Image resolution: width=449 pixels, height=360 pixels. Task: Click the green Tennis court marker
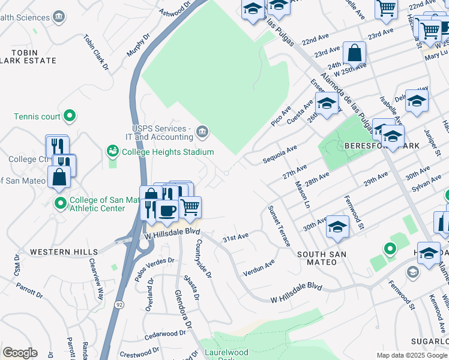coord(70,116)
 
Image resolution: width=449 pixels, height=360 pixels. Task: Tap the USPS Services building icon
coord(202,131)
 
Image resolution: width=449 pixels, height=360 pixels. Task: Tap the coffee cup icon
coord(166,210)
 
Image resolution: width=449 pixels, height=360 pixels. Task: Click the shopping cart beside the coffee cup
coord(190,208)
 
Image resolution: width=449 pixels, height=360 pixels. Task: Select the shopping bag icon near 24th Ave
coord(355,53)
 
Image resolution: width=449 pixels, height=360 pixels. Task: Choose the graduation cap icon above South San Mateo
coord(338,227)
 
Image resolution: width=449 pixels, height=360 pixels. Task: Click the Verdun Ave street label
coord(259,268)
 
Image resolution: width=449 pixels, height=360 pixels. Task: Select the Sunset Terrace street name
coord(280,225)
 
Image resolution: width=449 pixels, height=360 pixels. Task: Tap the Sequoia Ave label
coord(280,154)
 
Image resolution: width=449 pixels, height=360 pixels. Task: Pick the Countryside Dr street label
coord(204,259)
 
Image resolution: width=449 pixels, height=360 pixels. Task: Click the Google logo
coord(20,353)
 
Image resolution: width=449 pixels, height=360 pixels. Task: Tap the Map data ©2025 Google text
coord(412,355)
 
